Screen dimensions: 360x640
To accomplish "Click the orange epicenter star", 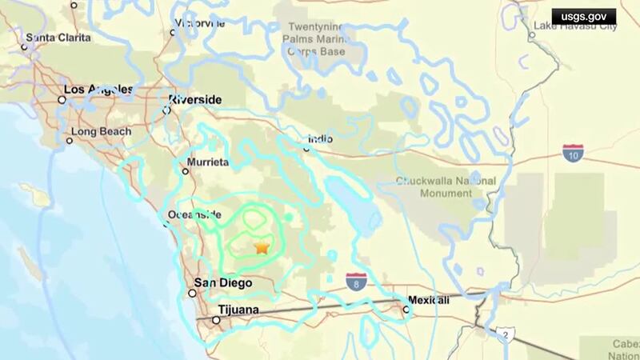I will coord(262,247).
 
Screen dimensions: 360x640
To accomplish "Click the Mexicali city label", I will coord(429,300).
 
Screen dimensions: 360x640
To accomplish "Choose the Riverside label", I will coord(195,100).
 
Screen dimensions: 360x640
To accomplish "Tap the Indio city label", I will coord(320,139).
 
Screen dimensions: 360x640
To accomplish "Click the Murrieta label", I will coord(207,162).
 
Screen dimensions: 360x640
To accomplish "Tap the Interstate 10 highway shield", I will coord(572,152).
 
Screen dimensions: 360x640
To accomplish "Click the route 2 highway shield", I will coord(504,334).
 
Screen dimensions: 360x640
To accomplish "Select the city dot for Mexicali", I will coord(404,302).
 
